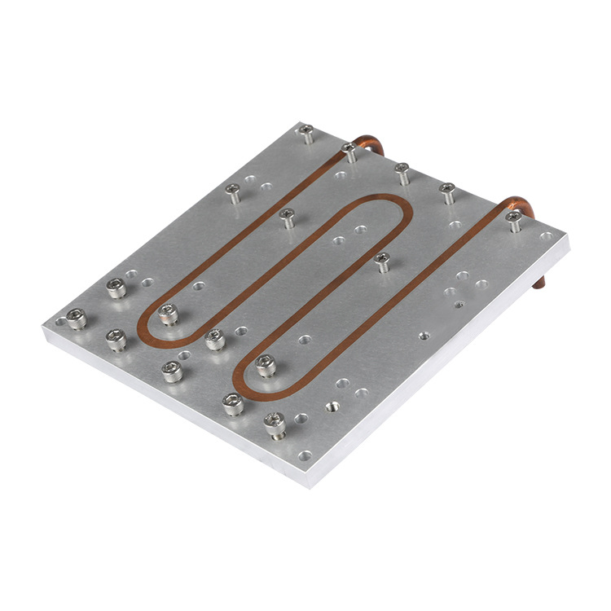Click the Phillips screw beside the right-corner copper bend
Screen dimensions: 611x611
[x=513, y=218]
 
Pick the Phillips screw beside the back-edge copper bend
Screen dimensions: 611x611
[x=349, y=149]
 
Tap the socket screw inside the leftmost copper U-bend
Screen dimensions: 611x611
[x=169, y=312]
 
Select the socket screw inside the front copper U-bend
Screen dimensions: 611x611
[x=265, y=365]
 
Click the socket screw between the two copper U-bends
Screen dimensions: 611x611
[x=215, y=338]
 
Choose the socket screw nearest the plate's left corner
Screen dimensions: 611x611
[x=77, y=317]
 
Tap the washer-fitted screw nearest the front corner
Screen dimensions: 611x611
[x=275, y=422]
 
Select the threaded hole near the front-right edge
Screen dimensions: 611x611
[x=332, y=405]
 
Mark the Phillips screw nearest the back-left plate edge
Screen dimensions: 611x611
[x=233, y=191]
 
